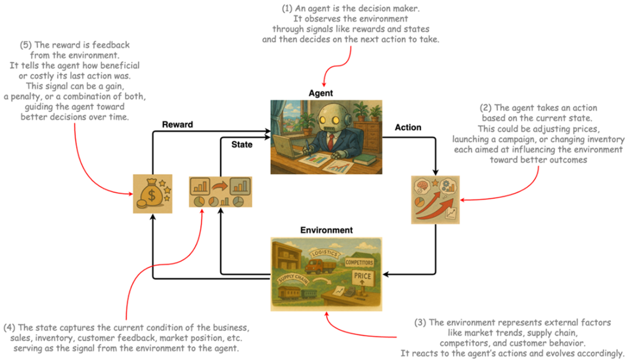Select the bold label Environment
(x=327, y=230)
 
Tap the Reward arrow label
(x=177, y=124)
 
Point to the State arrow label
(x=241, y=145)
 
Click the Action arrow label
(x=408, y=127)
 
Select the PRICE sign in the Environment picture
(x=362, y=277)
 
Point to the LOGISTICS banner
(x=323, y=253)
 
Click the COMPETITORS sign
(x=359, y=262)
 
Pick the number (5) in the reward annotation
(x=26, y=45)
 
